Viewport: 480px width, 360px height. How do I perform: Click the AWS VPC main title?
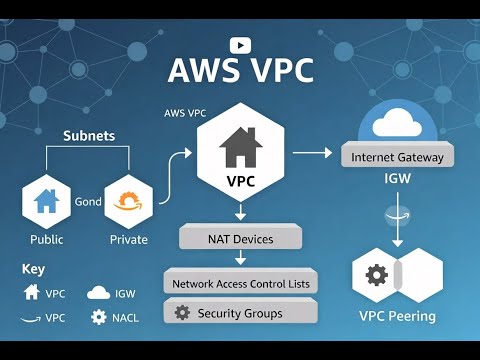point(240,72)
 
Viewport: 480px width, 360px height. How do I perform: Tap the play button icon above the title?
point(240,44)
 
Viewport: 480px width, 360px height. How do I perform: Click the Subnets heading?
point(89,135)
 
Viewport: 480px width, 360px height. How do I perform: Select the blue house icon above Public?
point(46,201)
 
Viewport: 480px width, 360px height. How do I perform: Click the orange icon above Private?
point(128,201)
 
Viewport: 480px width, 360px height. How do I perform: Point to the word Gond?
point(88,201)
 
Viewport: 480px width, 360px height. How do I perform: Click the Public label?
point(46,239)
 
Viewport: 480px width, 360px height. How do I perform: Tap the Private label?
point(128,239)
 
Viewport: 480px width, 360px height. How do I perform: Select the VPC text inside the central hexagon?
point(241,183)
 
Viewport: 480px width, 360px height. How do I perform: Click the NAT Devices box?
point(240,239)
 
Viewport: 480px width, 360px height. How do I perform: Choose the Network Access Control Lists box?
point(240,283)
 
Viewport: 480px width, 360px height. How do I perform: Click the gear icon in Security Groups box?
point(181,313)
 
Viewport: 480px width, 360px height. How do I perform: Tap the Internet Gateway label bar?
point(397,157)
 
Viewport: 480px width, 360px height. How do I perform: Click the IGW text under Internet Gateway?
point(397,181)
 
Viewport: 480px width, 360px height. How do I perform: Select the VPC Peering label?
point(397,316)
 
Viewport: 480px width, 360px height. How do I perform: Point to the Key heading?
point(32,269)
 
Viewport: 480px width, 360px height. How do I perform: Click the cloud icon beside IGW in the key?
point(98,293)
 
